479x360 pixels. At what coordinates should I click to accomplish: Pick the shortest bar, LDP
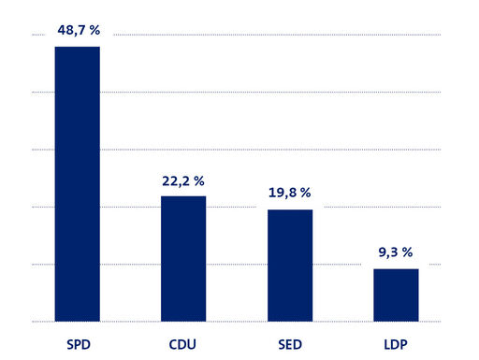(396, 295)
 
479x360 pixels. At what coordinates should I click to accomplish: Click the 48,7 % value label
(77, 30)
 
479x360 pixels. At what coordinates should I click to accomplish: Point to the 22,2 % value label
(183, 180)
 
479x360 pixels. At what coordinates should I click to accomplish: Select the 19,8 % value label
(289, 194)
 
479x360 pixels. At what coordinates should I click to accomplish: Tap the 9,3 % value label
(396, 252)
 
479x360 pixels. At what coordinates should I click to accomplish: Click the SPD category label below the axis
(77, 343)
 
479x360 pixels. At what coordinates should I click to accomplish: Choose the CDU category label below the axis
(183, 343)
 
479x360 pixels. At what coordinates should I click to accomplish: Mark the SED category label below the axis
(290, 343)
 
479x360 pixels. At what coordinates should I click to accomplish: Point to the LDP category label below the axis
(396, 343)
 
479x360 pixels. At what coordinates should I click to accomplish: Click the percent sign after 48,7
(94, 30)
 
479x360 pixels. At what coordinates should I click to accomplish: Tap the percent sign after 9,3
(409, 252)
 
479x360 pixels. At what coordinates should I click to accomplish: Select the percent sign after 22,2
(200, 180)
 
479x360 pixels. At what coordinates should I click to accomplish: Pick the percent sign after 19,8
(306, 194)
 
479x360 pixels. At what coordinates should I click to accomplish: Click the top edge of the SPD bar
(77, 47)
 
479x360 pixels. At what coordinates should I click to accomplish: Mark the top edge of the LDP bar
(396, 269)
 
